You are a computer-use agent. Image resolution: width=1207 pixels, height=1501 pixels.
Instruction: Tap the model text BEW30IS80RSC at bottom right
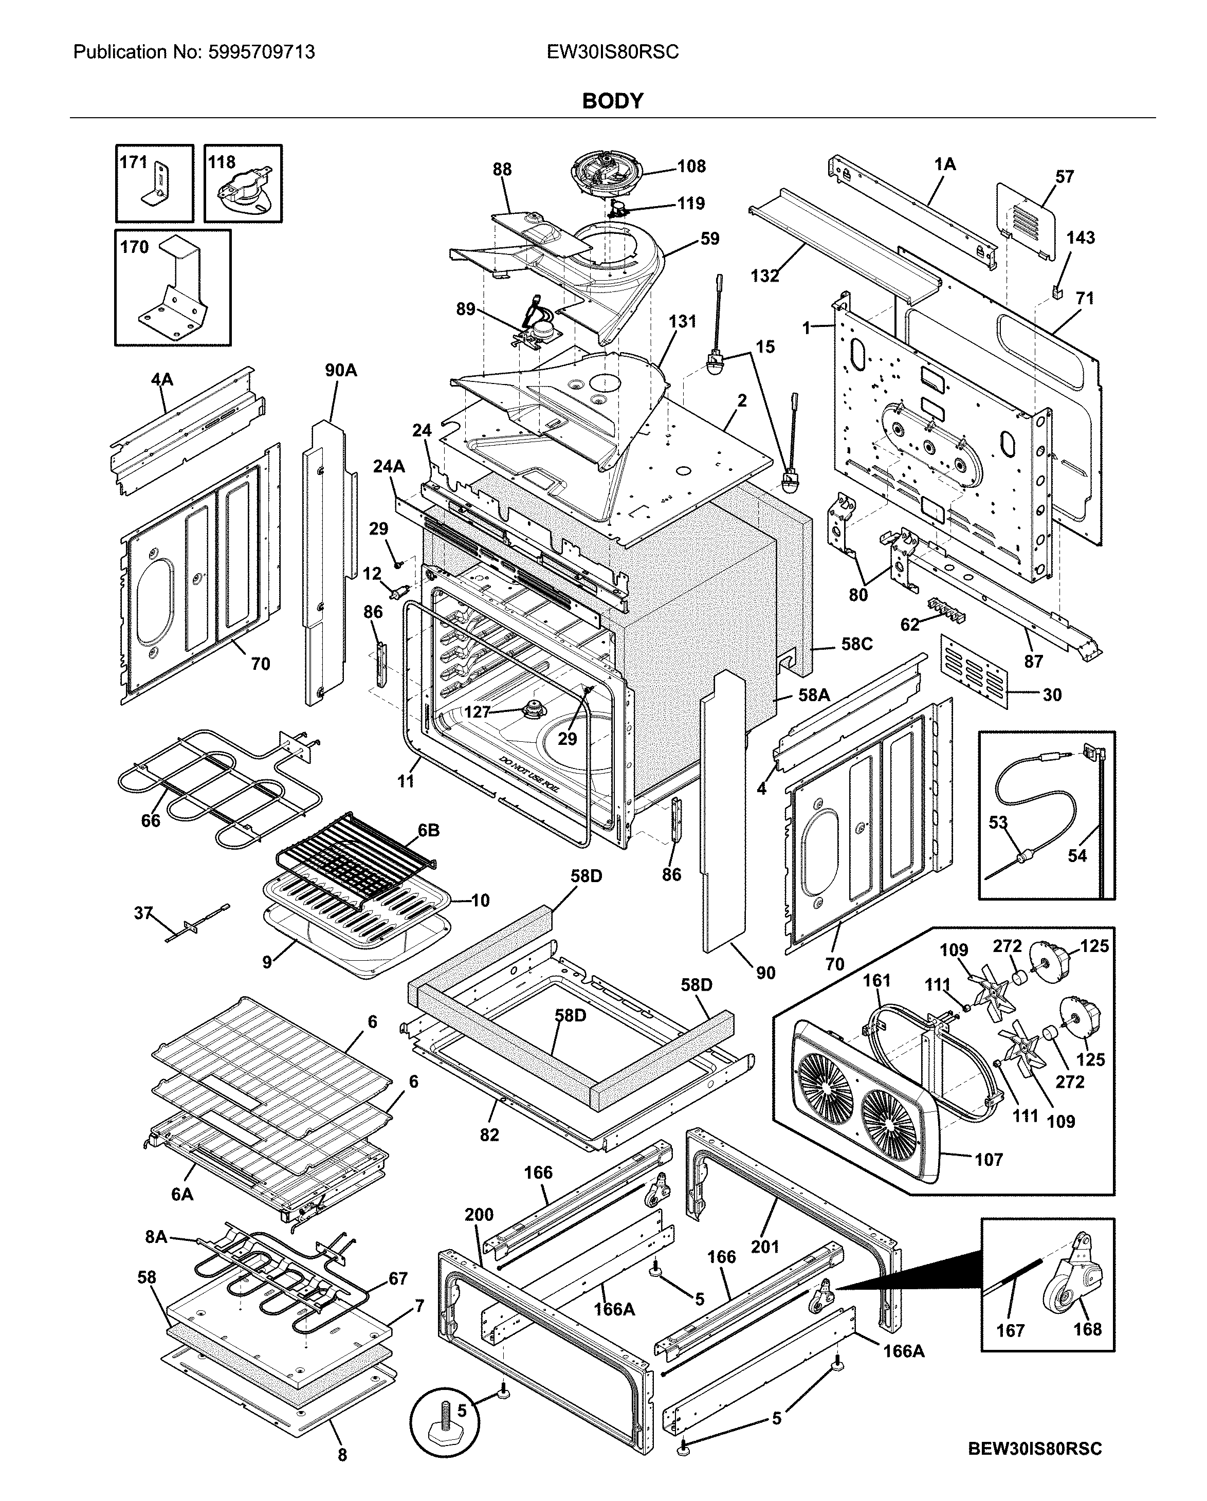1035,1449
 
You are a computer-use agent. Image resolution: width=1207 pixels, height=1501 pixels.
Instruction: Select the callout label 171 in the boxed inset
133,162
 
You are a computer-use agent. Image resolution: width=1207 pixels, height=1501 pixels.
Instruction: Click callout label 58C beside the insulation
856,644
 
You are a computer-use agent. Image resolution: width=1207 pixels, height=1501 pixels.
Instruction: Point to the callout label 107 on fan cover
989,1159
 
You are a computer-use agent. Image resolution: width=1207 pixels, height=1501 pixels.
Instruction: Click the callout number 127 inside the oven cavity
477,711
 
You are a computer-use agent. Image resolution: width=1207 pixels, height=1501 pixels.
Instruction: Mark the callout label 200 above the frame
479,1214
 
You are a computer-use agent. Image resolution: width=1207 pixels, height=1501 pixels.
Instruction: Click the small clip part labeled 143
1057,289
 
